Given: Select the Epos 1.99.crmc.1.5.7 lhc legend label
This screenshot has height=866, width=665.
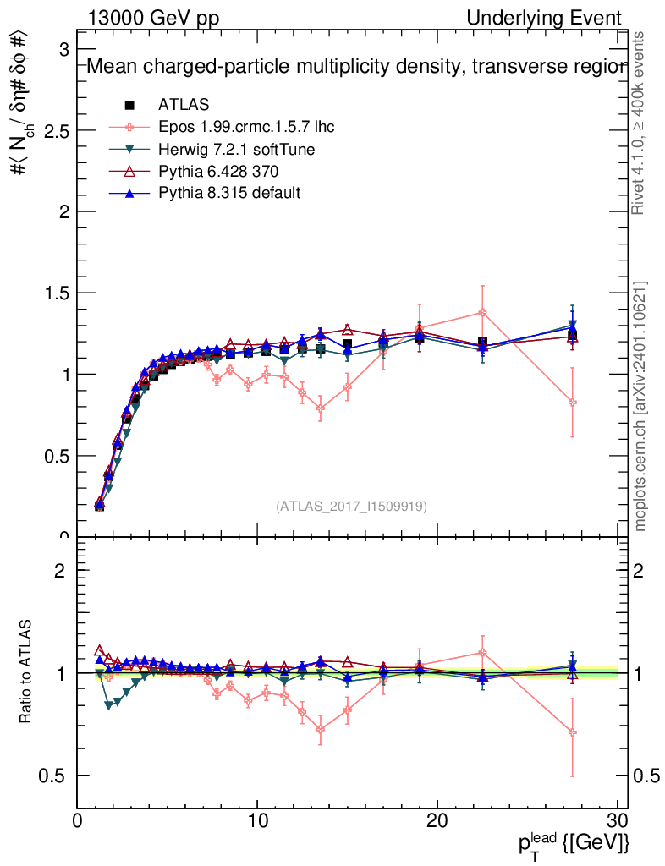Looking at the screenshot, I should pos(246,128).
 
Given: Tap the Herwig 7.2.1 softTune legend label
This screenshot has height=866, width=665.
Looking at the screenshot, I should pos(237,150).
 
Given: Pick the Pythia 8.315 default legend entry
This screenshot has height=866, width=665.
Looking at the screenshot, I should pos(229,194).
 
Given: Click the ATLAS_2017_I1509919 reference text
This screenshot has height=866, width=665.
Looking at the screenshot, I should pos(351,506).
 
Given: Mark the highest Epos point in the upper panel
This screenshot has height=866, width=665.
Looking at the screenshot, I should pos(482,312).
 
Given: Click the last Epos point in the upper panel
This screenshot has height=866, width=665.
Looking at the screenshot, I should pos(573,403).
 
